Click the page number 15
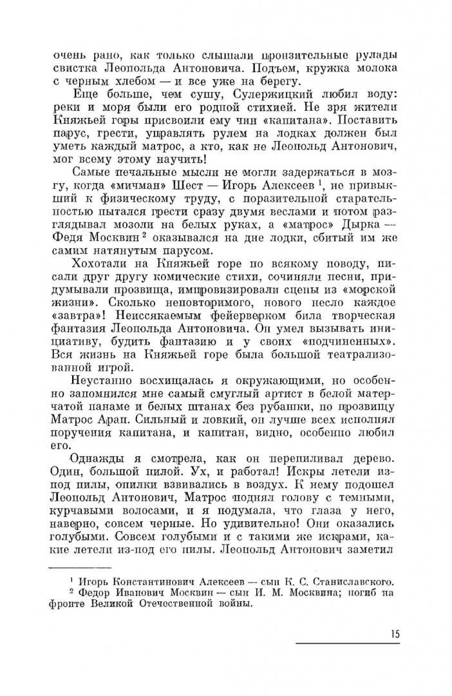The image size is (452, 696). tap(394, 633)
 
